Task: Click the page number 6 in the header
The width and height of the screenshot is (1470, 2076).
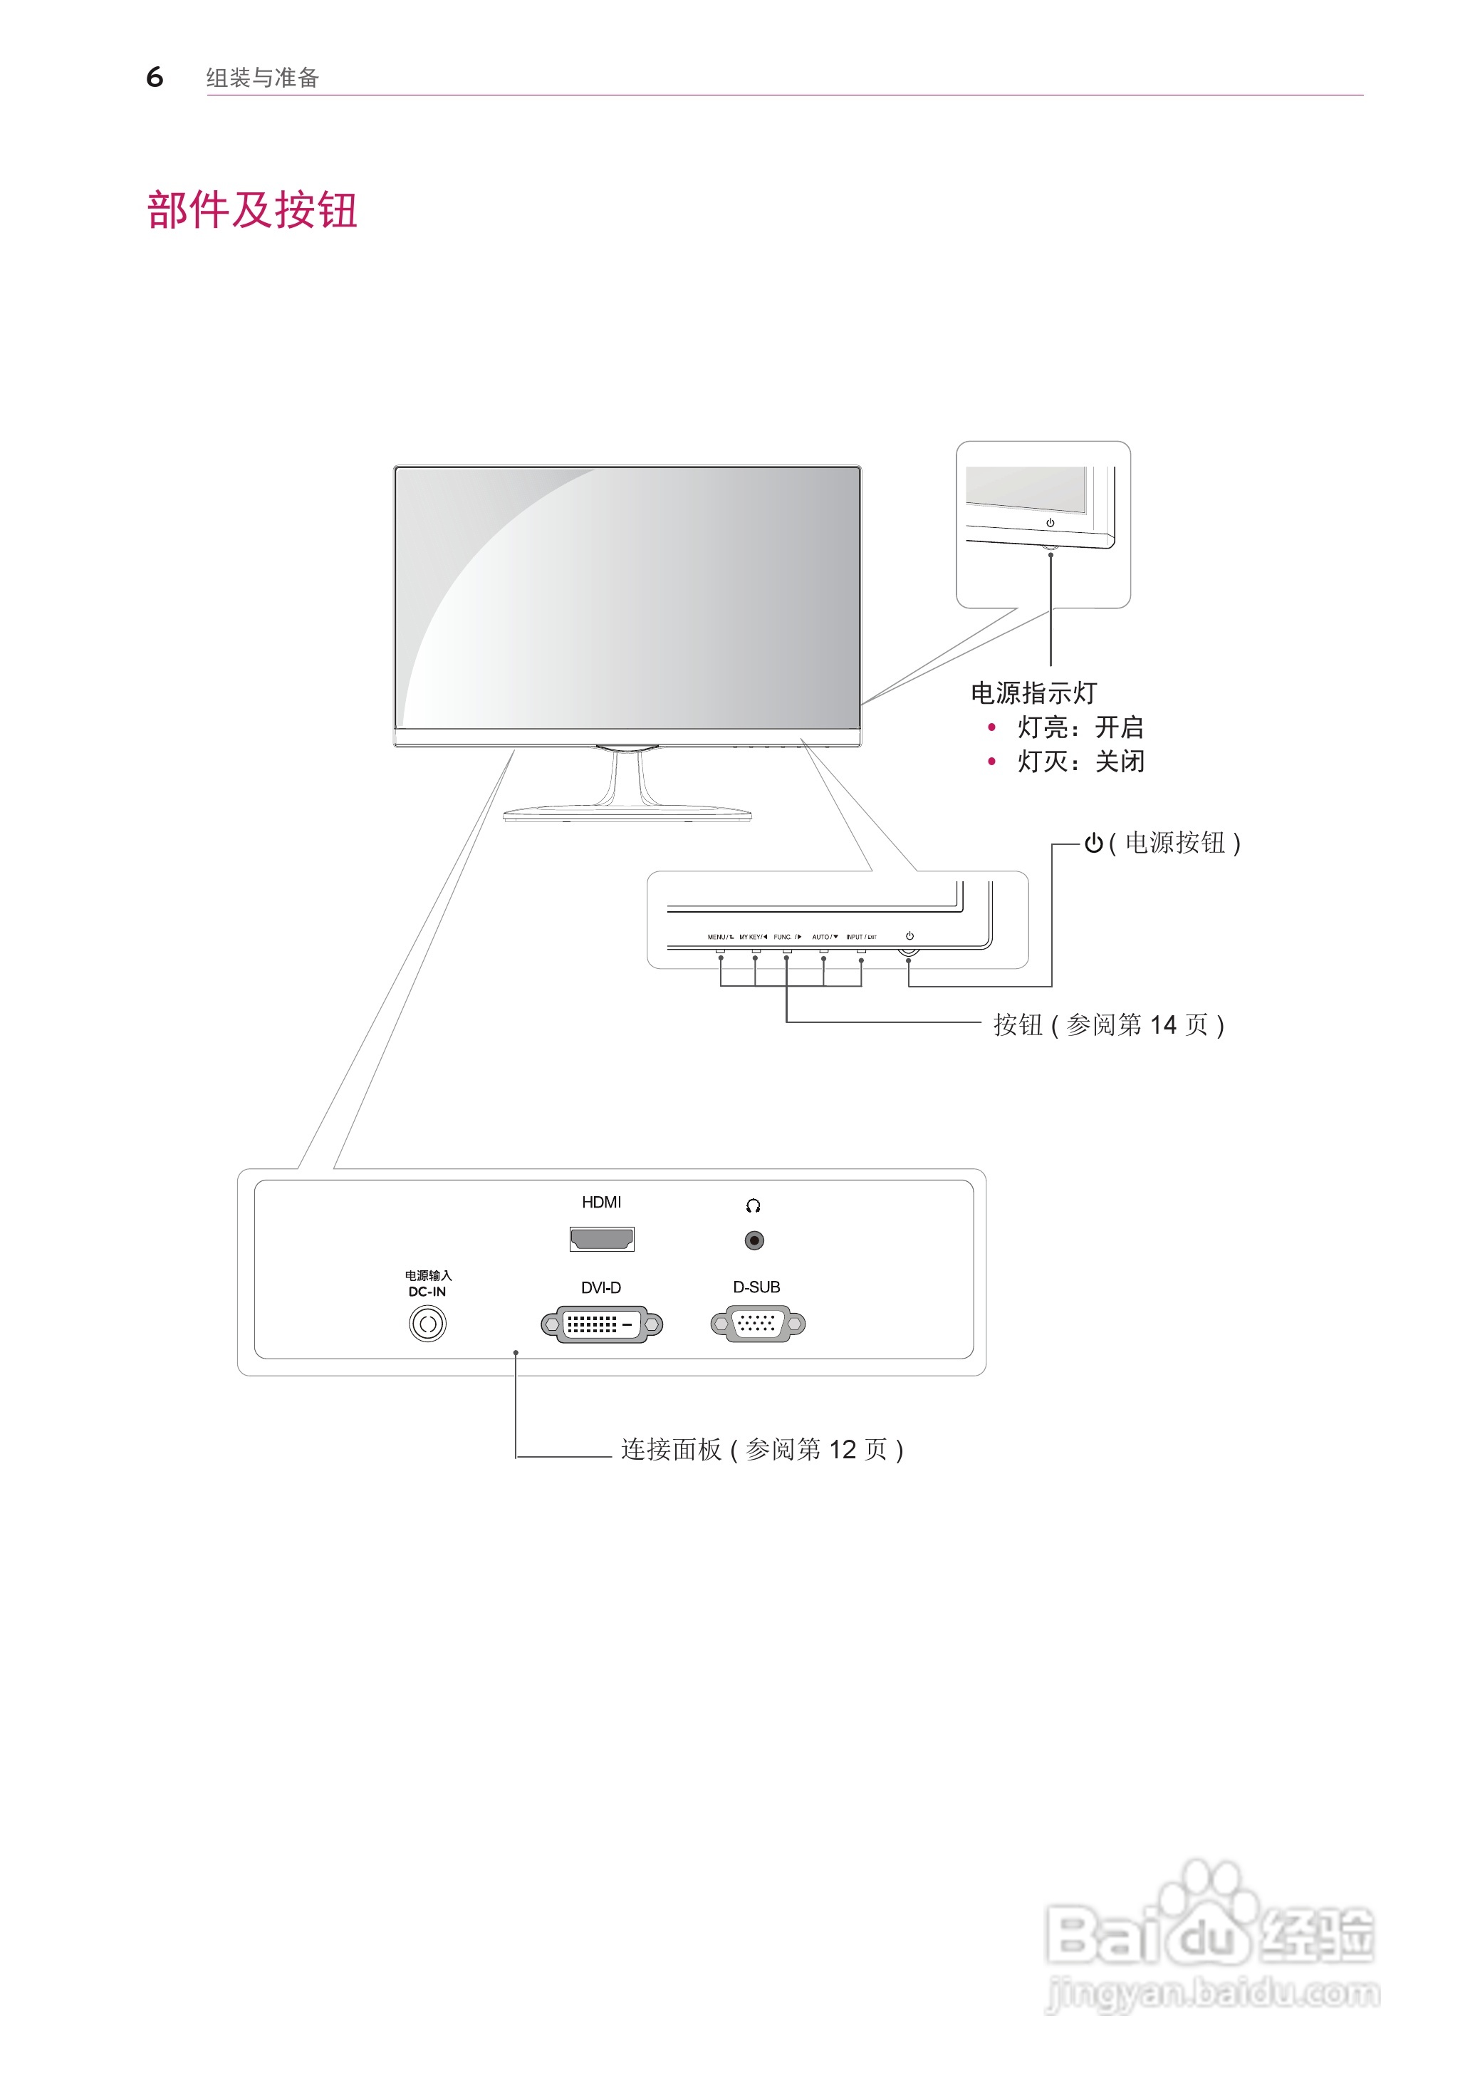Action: (155, 77)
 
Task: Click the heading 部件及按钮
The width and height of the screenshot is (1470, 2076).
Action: (253, 210)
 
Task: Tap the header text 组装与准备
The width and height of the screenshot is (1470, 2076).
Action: (263, 78)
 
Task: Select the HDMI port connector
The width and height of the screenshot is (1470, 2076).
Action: (601, 1238)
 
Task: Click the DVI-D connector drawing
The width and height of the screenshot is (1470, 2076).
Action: (602, 1324)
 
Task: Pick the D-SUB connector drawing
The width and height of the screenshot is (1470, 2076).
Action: (758, 1324)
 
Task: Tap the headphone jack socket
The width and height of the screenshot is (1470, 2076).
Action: (754, 1240)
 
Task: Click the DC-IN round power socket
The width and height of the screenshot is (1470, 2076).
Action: (427, 1324)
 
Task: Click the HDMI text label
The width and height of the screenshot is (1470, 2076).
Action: (601, 1203)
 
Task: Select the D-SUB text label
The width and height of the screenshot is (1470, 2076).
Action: (757, 1287)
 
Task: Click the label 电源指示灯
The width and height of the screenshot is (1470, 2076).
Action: (1033, 693)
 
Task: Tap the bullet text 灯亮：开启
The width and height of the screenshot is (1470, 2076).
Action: (1080, 727)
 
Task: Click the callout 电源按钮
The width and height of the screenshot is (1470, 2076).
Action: (1174, 843)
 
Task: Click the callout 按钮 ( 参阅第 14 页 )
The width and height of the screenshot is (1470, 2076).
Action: (1109, 1025)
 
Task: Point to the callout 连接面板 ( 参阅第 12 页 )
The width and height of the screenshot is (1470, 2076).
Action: (762, 1450)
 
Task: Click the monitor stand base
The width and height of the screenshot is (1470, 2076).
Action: (627, 813)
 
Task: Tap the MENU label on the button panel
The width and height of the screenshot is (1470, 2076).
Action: (717, 937)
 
